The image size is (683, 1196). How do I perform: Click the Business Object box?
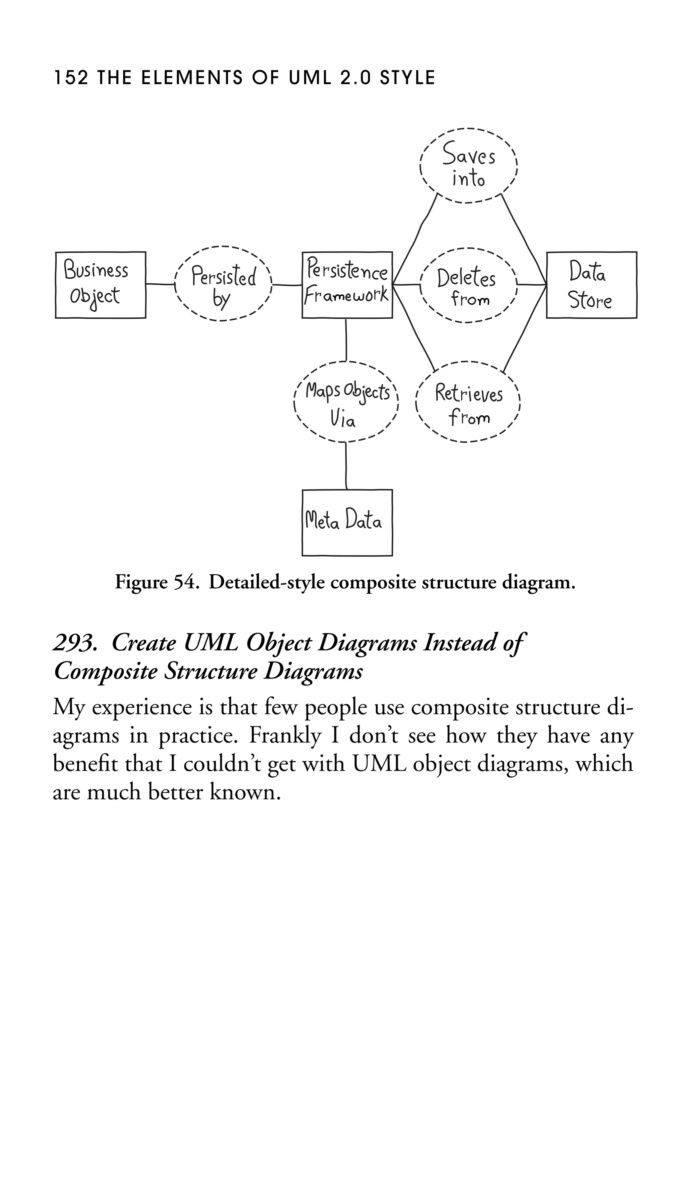100,285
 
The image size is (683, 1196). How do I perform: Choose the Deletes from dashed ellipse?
468,285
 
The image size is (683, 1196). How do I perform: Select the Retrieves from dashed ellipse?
468,402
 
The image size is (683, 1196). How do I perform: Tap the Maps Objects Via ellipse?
346,402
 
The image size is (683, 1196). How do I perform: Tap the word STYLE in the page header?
407,78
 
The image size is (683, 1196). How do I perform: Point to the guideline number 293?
75,643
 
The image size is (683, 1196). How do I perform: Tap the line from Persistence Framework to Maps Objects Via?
346,340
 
